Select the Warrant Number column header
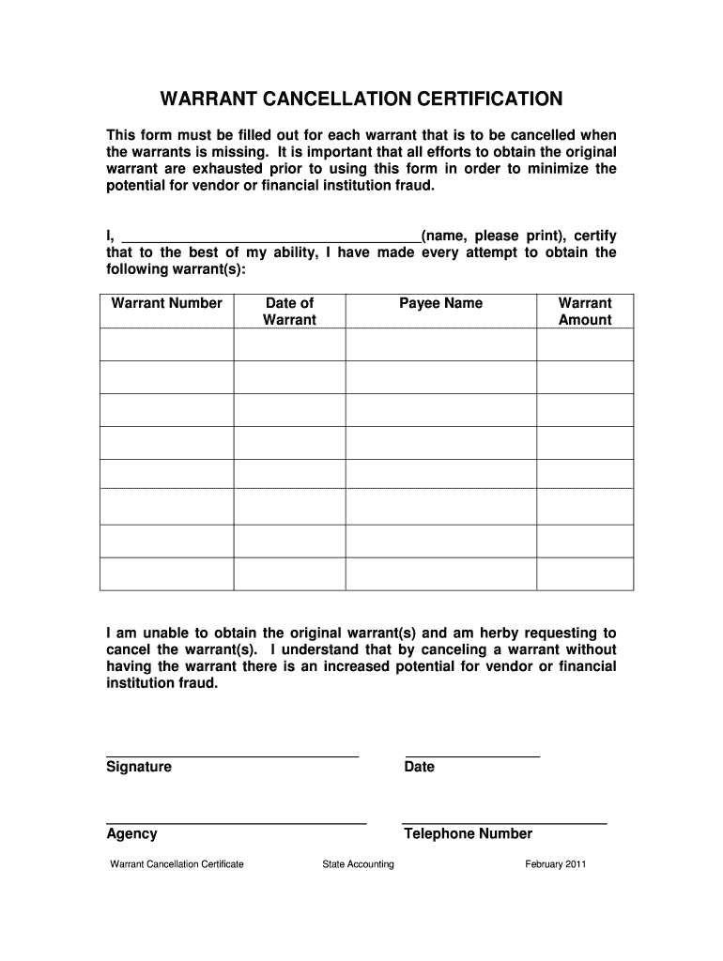(x=166, y=303)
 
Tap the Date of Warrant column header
(x=289, y=312)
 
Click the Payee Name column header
(x=440, y=303)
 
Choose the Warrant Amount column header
(x=584, y=312)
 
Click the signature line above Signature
(x=232, y=755)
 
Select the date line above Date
(x=472, y=755)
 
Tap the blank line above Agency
(x=236, y=822)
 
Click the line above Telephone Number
(x=504, y=822)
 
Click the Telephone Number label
(x=468, y=834)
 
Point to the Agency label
(x=131, y=834)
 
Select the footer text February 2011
(x=555, y=864)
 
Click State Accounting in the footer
(x=358, y=864)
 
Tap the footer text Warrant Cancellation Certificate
(x=177, y=864)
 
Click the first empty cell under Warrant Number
(x=166, y=344)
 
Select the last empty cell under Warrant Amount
(x=584, y=573)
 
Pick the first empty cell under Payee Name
(x=440, y=344)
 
